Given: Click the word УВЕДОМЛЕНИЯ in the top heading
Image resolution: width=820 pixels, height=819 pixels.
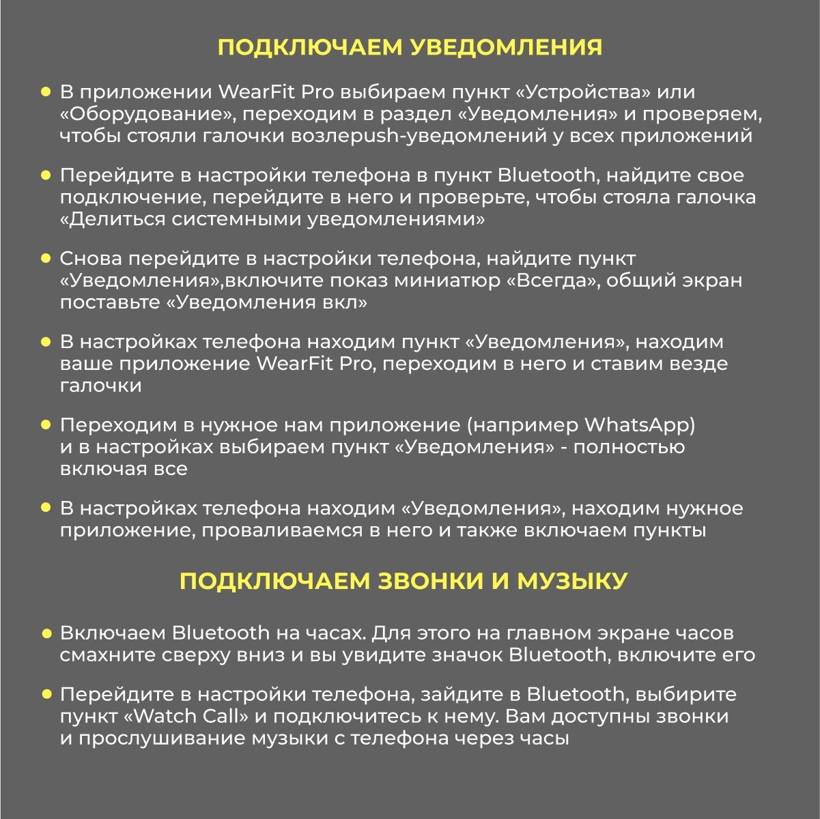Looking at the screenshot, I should pyautogui.click(x=509, y=47).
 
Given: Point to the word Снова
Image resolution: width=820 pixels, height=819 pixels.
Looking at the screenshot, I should pyautogui.click(x=91, y=259).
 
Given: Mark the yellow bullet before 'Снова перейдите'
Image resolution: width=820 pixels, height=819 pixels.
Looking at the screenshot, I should pyautogui.click(x=46, y=259).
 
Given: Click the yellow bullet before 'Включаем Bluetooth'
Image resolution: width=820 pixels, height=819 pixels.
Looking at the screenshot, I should pyautogui.click(x=46, y=633).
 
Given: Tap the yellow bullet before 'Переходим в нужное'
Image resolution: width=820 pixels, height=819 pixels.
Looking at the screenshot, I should pyautogui.click(x=46, y=425).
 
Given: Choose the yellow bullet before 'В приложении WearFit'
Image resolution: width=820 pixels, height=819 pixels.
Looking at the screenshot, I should pyautogui.click(x=46, y=92).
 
